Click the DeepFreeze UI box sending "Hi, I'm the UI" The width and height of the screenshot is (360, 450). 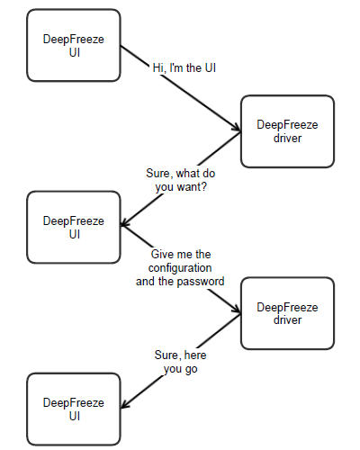click(74, 45)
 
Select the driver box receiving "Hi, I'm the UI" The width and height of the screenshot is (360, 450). click(287, 131)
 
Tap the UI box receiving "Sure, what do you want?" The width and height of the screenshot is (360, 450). click(74, 227)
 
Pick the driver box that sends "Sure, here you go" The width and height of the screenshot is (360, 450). click(287, 313)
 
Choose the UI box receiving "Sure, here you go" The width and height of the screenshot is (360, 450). click(74, 409)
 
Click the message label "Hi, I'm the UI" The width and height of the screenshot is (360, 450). click(184, 68)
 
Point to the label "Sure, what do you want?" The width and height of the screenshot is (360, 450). click(181, 180)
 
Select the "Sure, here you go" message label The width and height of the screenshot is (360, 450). click(181, 362)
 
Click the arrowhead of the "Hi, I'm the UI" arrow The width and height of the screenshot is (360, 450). click(237, 129)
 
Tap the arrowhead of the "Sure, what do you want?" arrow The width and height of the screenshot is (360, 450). click(124, 223)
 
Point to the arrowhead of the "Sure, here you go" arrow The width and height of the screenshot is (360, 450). click(124, 405)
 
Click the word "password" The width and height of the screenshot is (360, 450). click(201, 282)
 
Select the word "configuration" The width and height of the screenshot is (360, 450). click(180, 268)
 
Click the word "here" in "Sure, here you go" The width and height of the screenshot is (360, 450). click(195, 355)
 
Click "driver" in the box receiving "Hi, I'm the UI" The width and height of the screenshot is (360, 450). click(287, 139)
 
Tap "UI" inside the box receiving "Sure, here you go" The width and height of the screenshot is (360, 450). click(75, 416)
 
